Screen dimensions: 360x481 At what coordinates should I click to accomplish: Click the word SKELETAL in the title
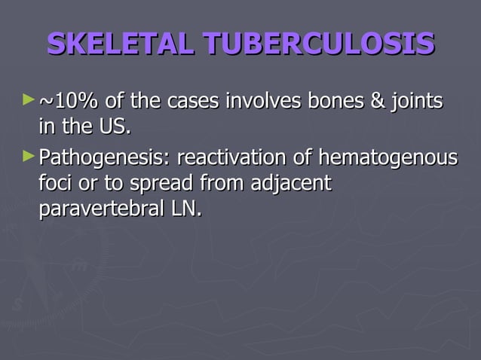[116, 44]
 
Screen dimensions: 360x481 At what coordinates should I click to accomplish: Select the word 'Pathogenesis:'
[103, 159]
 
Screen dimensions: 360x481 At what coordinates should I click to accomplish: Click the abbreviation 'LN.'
[188, 208]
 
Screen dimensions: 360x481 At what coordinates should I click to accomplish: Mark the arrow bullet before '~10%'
[29, 99]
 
